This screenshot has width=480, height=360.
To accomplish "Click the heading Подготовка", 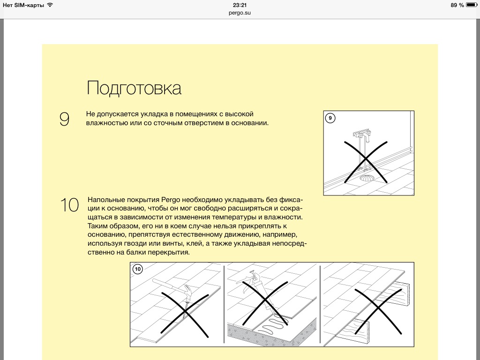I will pos(134,88).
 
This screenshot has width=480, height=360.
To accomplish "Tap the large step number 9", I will pos(64,120).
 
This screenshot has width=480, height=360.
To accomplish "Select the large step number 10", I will pos(69,205).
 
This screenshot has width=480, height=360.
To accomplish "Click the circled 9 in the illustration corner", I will pos(330,118).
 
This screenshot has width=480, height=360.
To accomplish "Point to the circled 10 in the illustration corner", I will pos(137,269).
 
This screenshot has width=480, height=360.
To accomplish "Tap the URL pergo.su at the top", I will pos(240,13).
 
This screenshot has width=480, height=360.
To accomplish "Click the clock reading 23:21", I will pos(240,5).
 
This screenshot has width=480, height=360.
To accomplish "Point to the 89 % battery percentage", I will pos(457,5).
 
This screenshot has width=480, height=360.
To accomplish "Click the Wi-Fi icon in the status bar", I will pos(50,5).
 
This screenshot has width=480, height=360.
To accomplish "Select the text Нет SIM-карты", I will pos(23,5).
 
